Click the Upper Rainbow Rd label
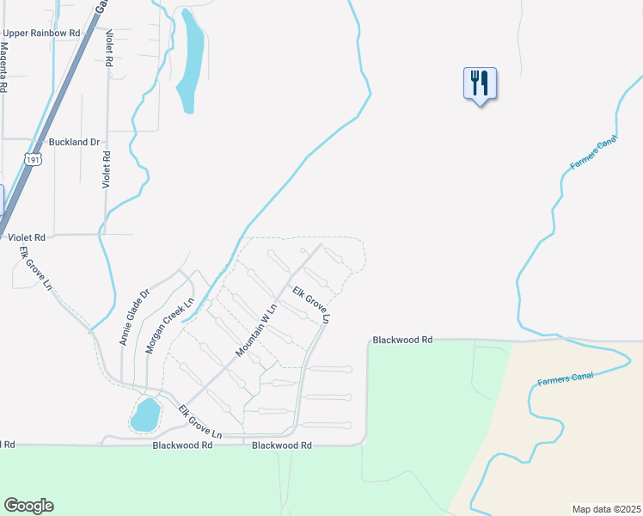(x=41, y=33)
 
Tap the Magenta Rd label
(x=4, y=73)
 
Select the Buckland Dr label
(x=75, y=141)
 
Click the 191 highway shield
(x=33, y=159)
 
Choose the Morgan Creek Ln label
(x=169, y=325)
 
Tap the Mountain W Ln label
(x=256, y=331)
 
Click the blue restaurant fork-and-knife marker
(x=480, y=83)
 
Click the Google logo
(x=28, y=506)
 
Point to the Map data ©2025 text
(x=606, y=508)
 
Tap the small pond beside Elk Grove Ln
(x=144, y=415)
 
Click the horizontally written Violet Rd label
(x=27, y=235)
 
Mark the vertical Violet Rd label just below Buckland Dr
(x=107, y=169)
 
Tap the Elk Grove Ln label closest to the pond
(x=200, y=423)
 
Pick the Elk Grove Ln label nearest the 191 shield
(x=37, y=268)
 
